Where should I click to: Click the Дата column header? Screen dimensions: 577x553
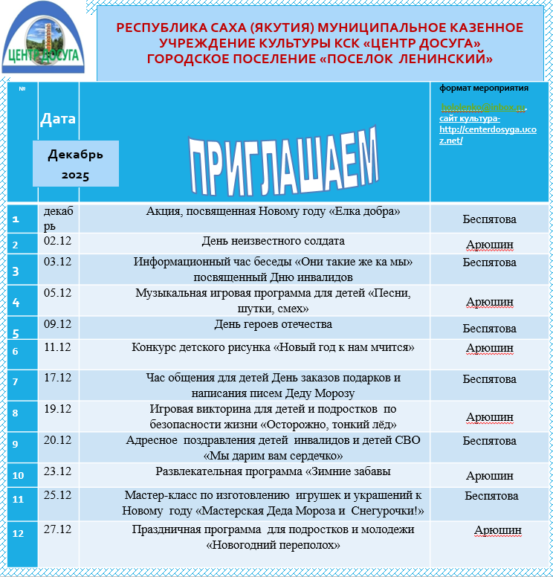pos(58,118)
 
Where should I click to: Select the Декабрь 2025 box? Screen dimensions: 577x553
pos(75,164)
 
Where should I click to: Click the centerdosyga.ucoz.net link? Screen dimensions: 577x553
pos(487,135)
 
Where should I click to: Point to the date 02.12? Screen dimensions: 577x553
pos(58,241)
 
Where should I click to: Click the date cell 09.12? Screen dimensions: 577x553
pos(58,324)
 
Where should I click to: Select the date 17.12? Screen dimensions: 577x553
pos(58,378)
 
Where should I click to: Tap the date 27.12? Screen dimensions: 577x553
pos(58,529)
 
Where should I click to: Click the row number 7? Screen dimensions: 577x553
pos(15,381)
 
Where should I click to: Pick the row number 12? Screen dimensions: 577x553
pos(19,533)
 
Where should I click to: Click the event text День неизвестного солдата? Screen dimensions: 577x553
pos(273,241)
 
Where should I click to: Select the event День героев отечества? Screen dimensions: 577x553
pos(273,324)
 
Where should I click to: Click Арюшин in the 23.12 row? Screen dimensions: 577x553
pos(489,476)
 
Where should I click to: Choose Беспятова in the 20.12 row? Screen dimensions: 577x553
pos(489,441)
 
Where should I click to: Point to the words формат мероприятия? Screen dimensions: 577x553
pos(483,88)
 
